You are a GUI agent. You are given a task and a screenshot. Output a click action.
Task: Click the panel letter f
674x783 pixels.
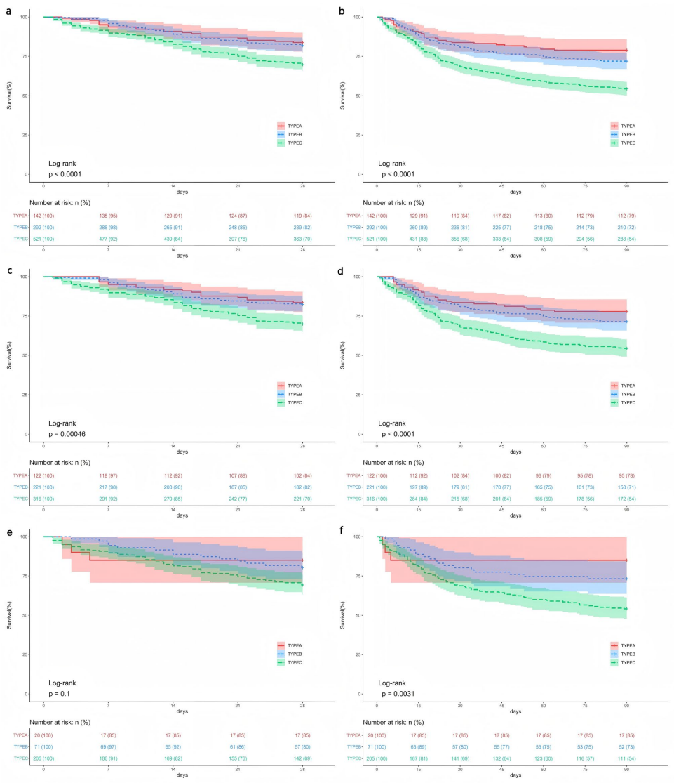coord(341,531)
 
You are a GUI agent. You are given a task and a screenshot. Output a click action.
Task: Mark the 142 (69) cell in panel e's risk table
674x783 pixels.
coord(303,759)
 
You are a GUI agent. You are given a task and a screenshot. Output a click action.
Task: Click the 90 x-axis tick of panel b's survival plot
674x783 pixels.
coord(626,185)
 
